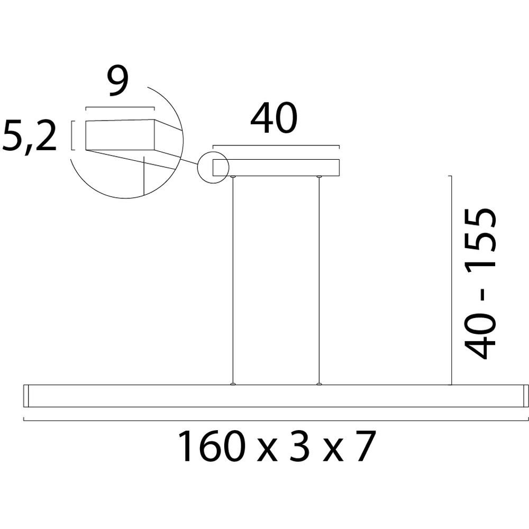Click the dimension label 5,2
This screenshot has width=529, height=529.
(29, 136)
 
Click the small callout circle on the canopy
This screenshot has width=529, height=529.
(212, 167)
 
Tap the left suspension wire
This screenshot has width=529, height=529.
(233, 280)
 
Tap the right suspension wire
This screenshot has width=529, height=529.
(318, 280)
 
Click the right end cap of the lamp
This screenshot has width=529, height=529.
(525, 396)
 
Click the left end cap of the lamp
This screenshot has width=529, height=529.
(26, 396)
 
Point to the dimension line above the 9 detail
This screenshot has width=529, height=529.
(120, 107)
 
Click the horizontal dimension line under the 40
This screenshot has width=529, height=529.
(276, 145)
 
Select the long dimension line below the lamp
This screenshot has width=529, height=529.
(275, 420)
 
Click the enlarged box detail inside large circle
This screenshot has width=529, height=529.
(120, 135)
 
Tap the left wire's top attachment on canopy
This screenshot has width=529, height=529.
(233, 177)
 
